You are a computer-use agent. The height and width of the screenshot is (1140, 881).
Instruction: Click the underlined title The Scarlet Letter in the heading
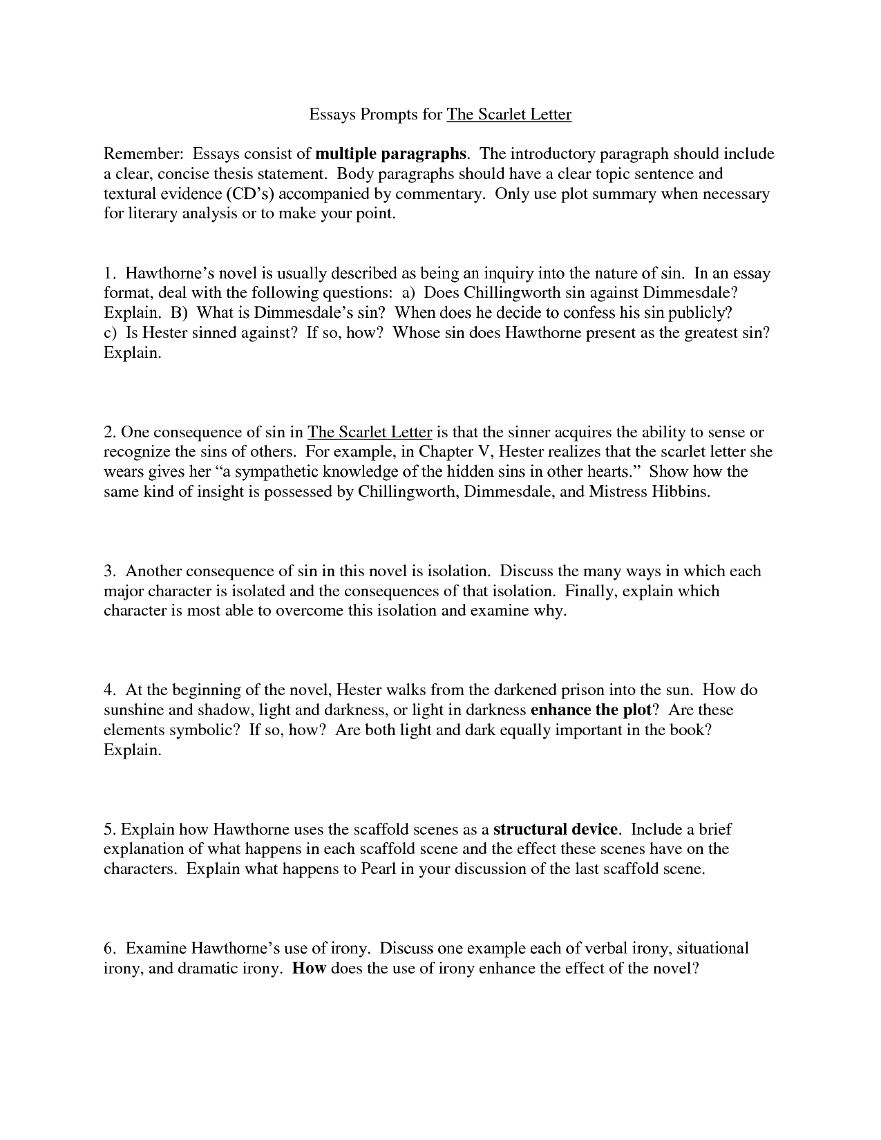click(x=509, y=114)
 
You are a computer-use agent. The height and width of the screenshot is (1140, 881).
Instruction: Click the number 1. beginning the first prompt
click(x=109, y=273)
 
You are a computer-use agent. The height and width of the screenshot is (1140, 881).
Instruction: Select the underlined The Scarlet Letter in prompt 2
click(x=370, y=433)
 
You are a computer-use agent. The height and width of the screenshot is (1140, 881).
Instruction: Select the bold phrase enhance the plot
click(x=590, y=710)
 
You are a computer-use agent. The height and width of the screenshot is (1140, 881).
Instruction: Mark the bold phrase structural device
click(x=556, y=829)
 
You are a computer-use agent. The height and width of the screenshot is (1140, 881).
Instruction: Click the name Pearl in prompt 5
click(x=378, y=868)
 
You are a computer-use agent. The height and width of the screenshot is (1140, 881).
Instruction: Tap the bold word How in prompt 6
click(x=309, y=968)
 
